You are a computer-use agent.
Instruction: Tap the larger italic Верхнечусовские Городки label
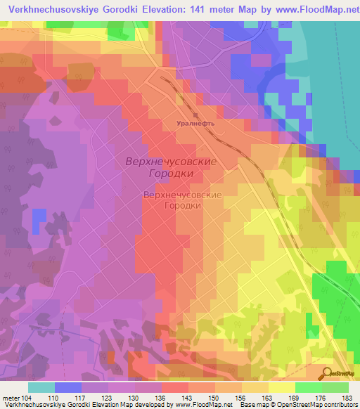pos(171,167)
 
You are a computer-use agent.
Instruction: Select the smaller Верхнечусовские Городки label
pos(182,200)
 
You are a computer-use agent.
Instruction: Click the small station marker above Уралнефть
pos(196,112)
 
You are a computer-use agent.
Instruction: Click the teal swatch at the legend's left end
pos(41,387)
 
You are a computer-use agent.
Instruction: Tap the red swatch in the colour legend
pos(175,387)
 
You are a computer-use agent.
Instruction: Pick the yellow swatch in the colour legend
pos(282,387)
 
